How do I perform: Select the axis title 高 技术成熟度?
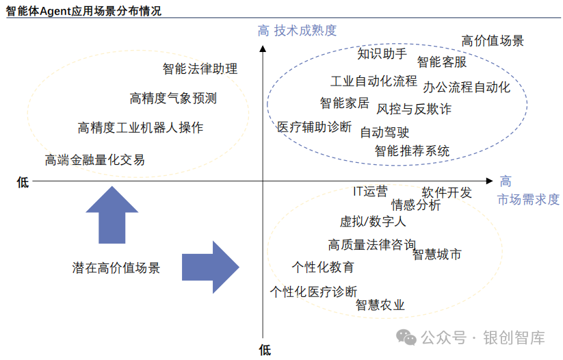click(x=297, y=30)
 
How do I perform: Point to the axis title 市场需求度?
click(x=528, y=199)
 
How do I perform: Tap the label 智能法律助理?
click(x=200, y=69)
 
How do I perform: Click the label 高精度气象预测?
click(x=173, y=99)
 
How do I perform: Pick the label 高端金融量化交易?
click(x=95, y=160)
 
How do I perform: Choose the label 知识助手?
click(x=382, y=53)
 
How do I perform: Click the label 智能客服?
click(x=442, y=62)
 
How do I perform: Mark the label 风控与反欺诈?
click(x=414, y=109)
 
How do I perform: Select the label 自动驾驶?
click(x=385, y=132)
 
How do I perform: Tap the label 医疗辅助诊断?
click(x=314, y=127)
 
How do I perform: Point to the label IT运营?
click(x=370, y=192)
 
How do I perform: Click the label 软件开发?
click(x=447, y=192)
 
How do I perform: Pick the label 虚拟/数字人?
click(x=373, y=221)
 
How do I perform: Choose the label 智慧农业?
click(x=380, y=305)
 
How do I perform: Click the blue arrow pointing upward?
click(x=112, y=214)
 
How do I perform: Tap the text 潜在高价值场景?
click(x=116, y=268)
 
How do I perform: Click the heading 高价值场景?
click(x=493, y=41)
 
